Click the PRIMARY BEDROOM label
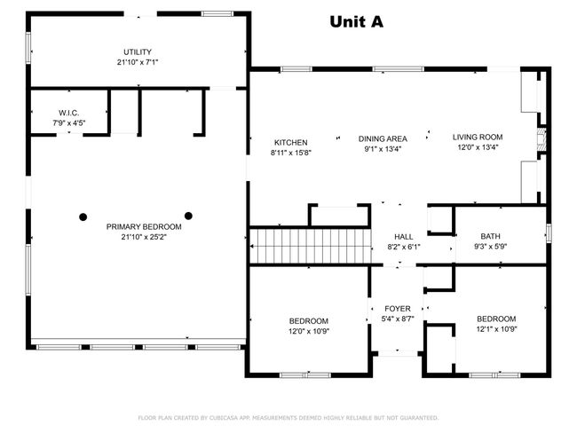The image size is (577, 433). click(x=137, y=226)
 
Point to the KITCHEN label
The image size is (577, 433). click(x=290, y=142)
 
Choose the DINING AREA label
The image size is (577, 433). click(x=383, y=138)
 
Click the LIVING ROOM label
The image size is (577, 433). click(x=478, y=137)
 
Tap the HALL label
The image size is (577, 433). click(x=404, y=237)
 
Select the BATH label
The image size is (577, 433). click(x=490, y=236)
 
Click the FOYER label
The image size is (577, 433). click(x=397, y=309)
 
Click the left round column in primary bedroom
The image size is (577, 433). click(x=83, y=215)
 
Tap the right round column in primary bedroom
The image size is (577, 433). click(x=188, y=215)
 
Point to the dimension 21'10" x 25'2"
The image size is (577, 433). click(x=137, y=237)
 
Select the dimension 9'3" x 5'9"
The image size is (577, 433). click(x=490, y=247)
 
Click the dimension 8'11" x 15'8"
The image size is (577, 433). click(x=290, y=153)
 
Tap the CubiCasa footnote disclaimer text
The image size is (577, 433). click(x=288, y=417)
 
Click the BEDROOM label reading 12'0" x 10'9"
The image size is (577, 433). click(x=308, y=321)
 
